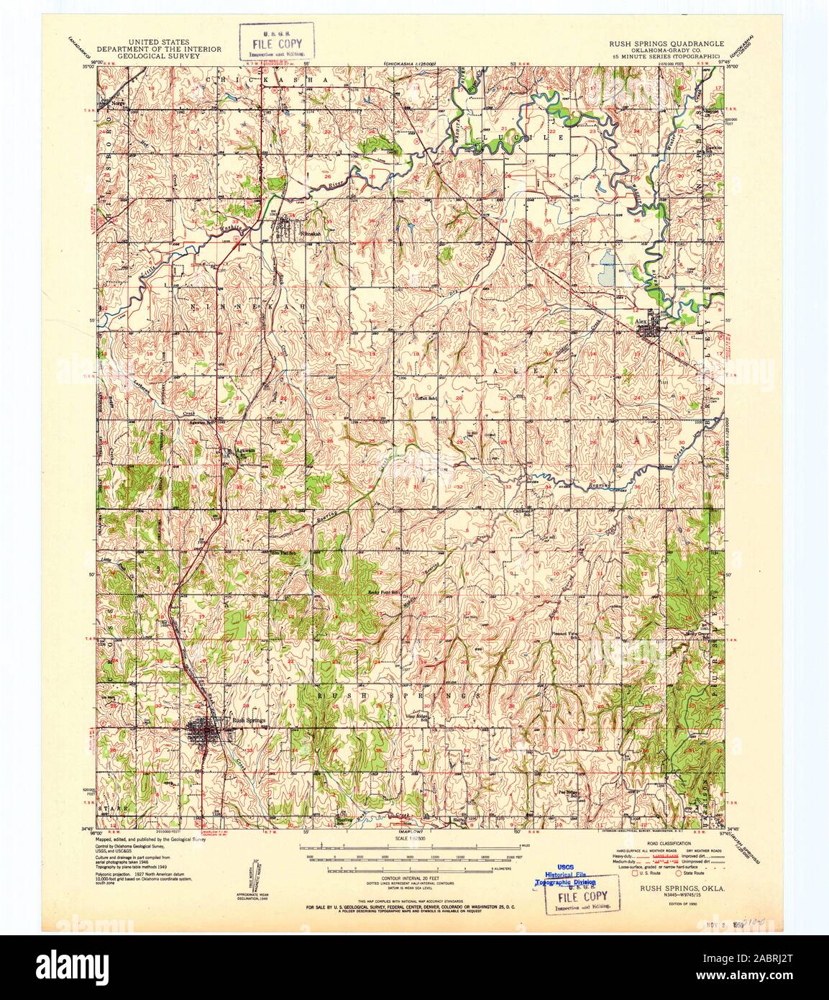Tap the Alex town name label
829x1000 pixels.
[x=642, y=322]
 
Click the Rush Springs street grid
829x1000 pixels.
[x=203, y=735]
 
